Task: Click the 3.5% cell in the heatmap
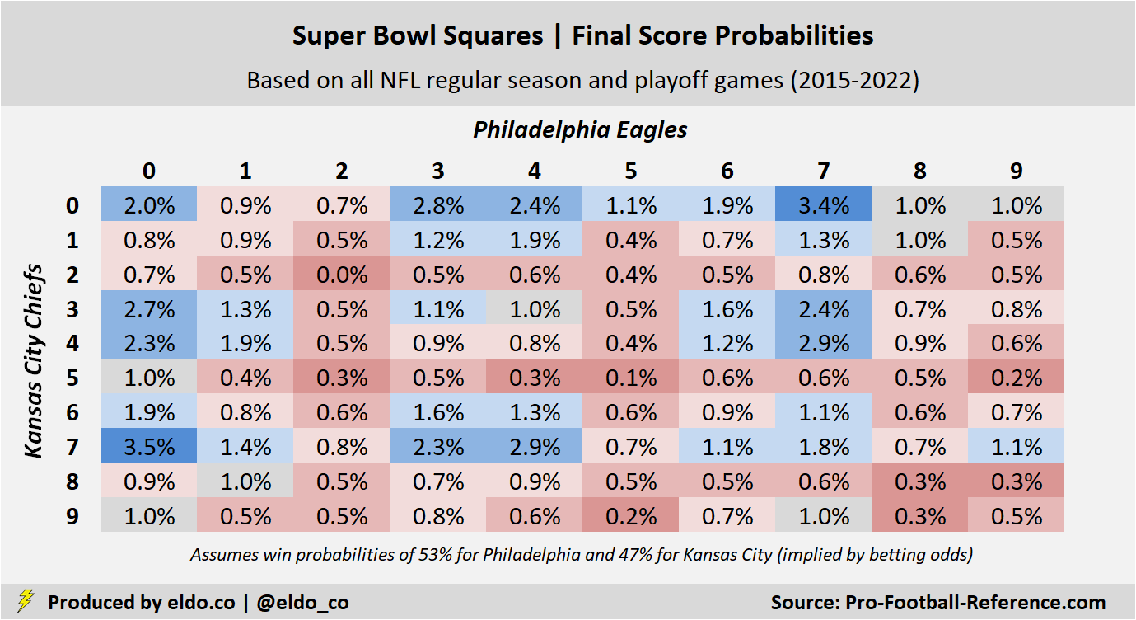click(x=149, y=447)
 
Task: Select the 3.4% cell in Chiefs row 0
click(x=823, y=205)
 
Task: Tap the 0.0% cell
click(x=342, y=275)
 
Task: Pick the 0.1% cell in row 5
click(x=630, y=378)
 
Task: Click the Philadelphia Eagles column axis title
click(x=580, y=129)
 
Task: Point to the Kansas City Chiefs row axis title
click(x=34, y=360)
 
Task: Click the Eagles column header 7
click(x=823, y=171)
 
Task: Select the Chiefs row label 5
click(x=72, y=378)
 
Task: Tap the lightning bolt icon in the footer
click(x=26, y=601)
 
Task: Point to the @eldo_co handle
click(x=302, y=603)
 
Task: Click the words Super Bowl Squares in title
click(x=418, y=35)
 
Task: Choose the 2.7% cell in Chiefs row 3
click(x=149, y=309)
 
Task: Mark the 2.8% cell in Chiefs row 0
click(x=438, y=205)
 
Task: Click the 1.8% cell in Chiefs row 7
click(x=823, y=447)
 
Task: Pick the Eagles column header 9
click(x=1016, y=171)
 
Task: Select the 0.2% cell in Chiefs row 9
click(x=630, y=516)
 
